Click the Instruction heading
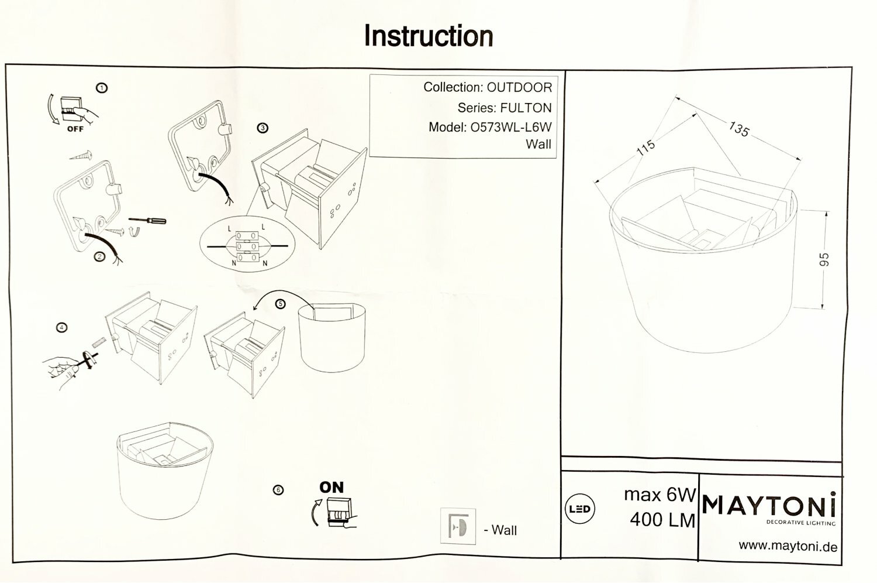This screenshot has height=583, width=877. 429,36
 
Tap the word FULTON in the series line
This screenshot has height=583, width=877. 526,108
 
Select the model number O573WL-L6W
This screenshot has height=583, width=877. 510,127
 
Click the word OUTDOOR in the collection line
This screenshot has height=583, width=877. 519,88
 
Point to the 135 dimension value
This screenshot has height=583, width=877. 738,129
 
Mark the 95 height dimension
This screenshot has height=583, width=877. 824,259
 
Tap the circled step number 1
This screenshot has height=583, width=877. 102,88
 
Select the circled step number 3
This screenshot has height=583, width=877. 263,128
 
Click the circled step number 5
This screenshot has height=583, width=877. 281,304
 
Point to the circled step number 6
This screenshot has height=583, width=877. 278,489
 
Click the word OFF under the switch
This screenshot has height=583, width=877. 75,129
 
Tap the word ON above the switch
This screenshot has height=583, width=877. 332,487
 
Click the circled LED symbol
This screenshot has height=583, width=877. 579,509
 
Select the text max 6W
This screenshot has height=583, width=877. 660,495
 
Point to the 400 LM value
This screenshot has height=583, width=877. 662,520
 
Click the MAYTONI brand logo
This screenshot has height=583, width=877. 769,504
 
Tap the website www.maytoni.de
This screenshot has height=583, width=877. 788,547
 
